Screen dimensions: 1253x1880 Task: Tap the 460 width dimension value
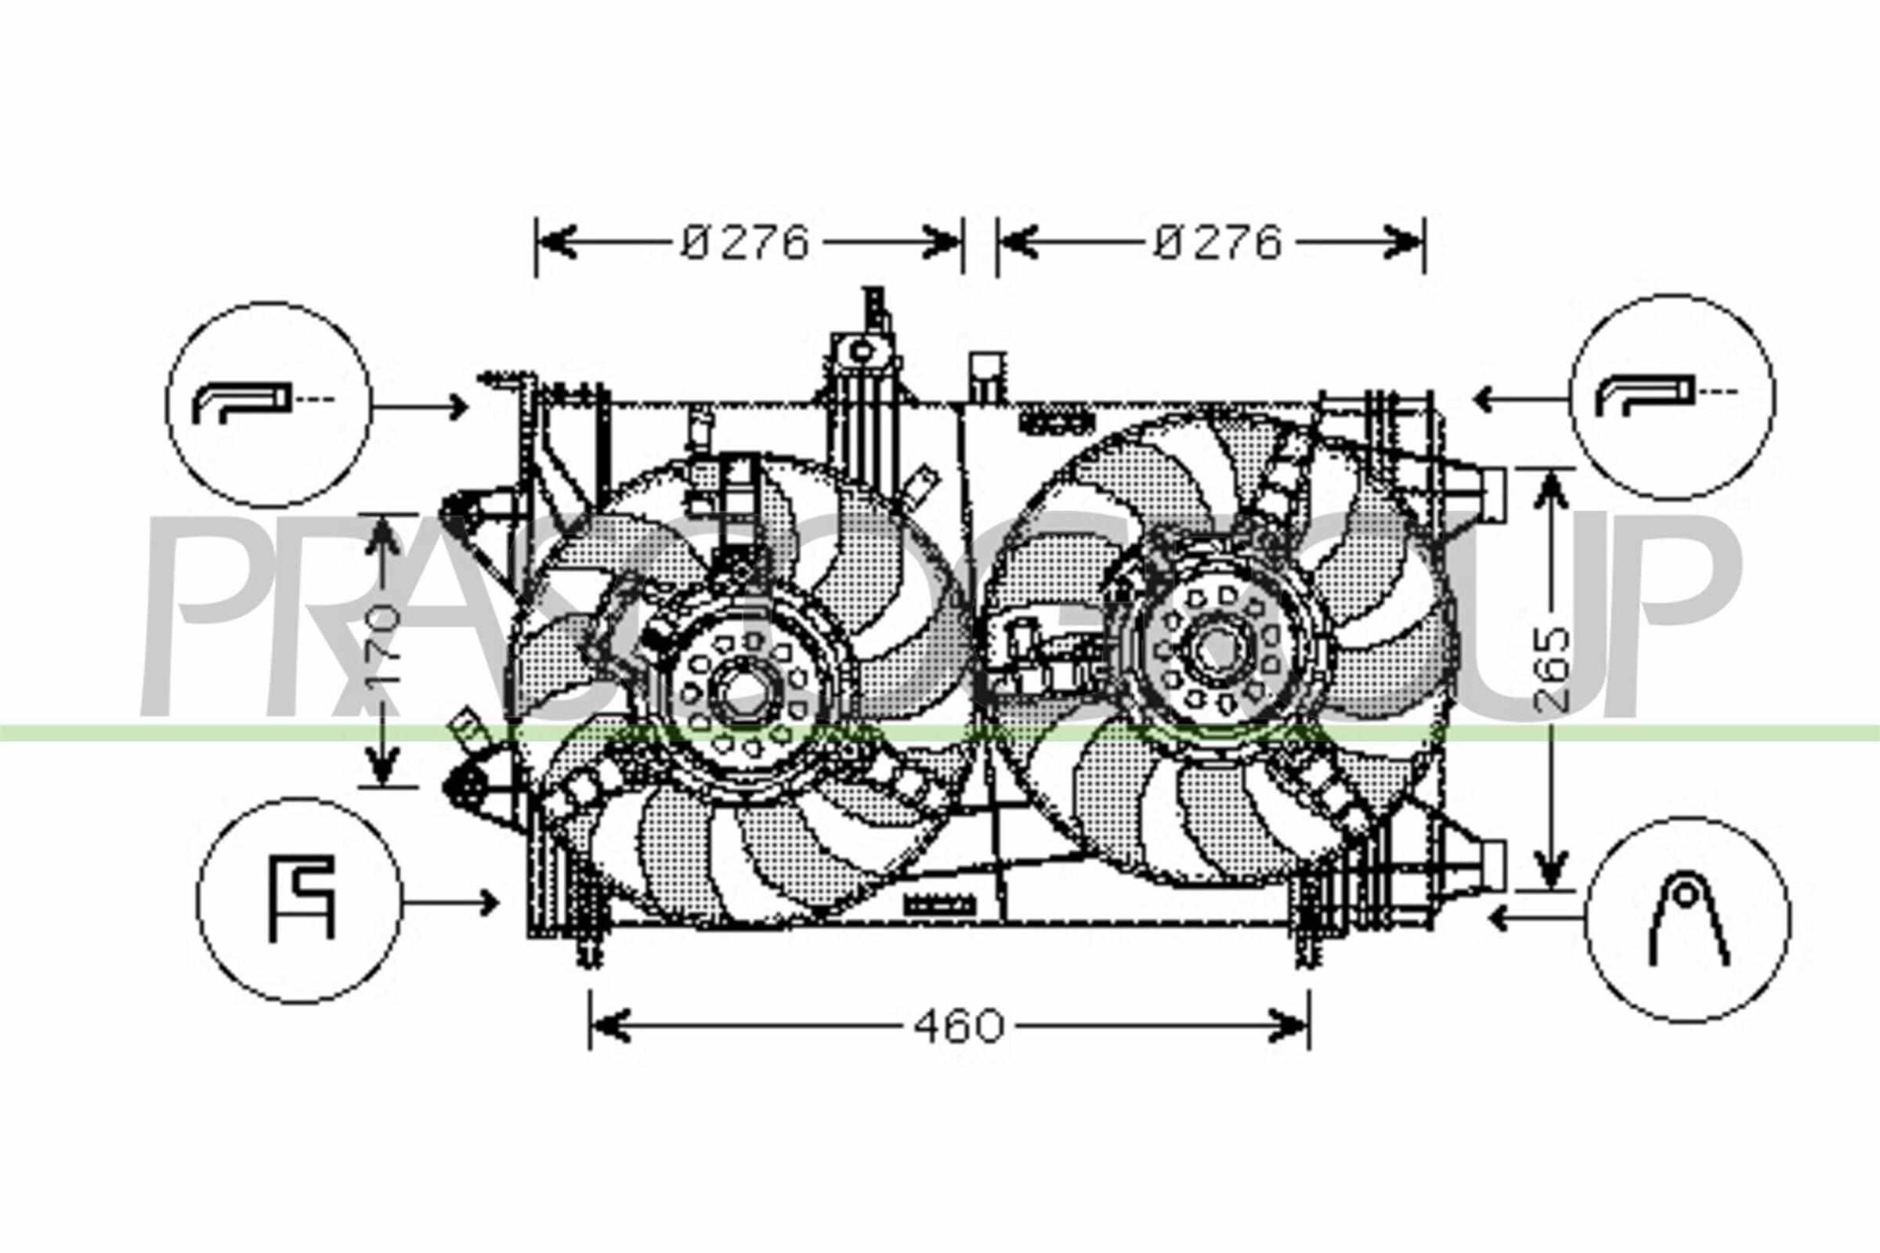958,1026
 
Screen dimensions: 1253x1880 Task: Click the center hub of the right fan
1214,649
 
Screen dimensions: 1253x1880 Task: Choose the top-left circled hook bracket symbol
269,404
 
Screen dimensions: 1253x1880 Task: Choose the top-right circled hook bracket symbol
1672,397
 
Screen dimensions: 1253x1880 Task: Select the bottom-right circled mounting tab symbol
1688,919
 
